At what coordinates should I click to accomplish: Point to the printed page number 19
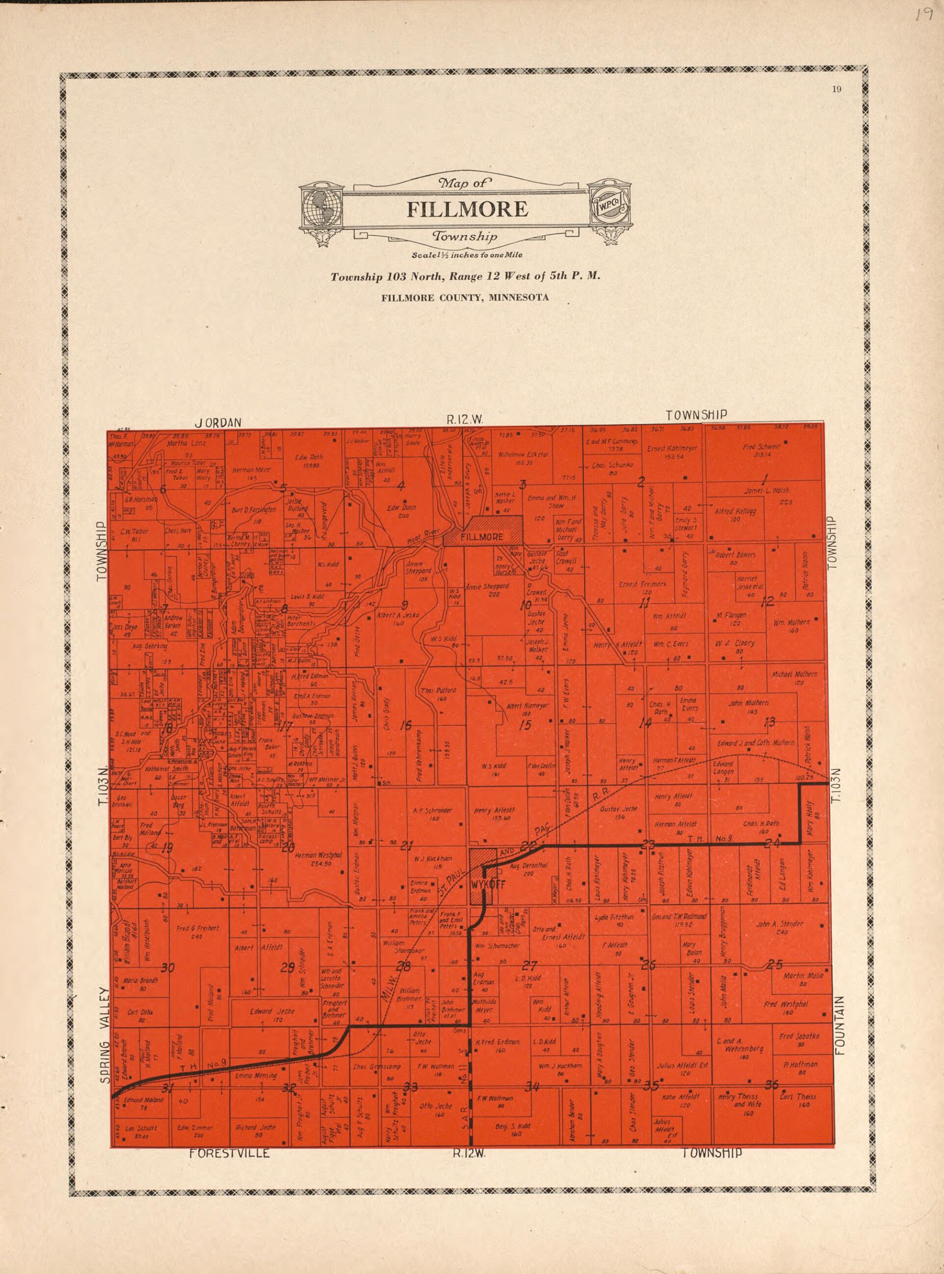pyautogui.click(x=837, y=88)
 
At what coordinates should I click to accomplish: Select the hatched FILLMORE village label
pyautogui.click(x=482, y=537)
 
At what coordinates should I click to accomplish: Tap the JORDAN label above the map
pyautogui.click(x=218, y=423)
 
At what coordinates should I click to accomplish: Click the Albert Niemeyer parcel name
pyautogui.click(x=527, y=706)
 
